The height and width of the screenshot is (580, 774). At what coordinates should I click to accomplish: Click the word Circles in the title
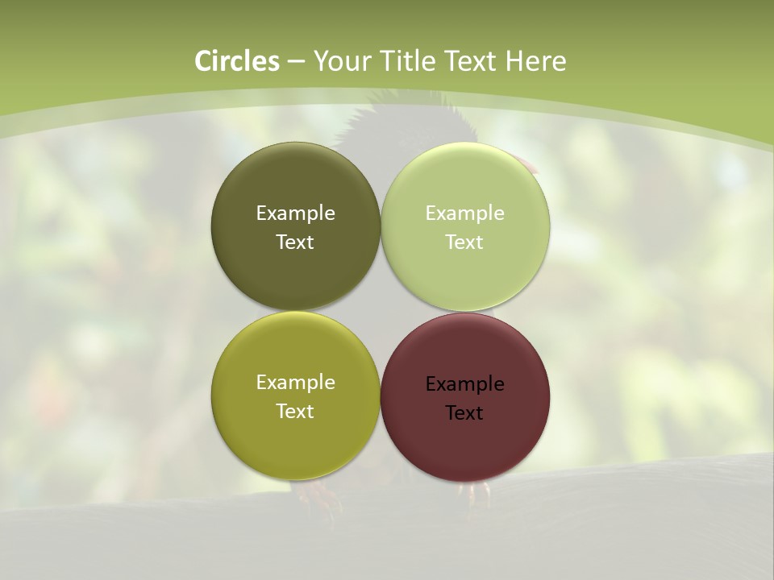[x=236, y=61]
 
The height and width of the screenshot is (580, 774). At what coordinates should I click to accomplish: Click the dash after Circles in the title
[x=295, y=62]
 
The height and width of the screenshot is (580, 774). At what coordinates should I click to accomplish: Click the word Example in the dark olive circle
[x=295, y=213]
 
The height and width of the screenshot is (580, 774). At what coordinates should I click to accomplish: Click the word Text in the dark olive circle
[x=295, y=242]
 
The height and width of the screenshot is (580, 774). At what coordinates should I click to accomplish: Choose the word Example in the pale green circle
[x=464, y=213]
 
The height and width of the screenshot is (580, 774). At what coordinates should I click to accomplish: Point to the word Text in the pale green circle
[x=464, y=242]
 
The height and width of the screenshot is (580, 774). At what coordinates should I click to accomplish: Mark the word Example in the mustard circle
[x=295, y=383]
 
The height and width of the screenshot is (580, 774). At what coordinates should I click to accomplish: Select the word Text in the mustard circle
[x=295, y=412]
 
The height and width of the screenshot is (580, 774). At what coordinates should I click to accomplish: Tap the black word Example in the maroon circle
[x=464, y=384]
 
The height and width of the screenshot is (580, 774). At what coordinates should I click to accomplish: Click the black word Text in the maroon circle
[x=464, y=413]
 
